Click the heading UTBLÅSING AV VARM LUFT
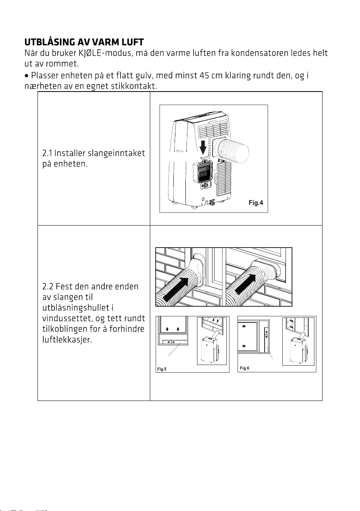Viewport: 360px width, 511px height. (84, 42)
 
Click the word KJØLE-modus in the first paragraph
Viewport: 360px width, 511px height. (105, 53)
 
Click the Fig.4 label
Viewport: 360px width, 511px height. (256, 202)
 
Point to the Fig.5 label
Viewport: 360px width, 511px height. (162, 369)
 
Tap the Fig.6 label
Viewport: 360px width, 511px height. (245, 368)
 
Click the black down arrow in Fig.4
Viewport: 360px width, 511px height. (203, 148)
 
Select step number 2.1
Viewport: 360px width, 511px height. (47, 153)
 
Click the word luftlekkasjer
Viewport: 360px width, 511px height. (67, 340)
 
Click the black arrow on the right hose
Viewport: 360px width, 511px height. (246, 284)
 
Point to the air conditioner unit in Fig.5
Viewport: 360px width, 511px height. (210, 350)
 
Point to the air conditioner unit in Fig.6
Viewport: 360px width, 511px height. (298, 350)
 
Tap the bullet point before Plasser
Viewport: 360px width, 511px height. (27, 76)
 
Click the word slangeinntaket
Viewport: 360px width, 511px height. (116, 153)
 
